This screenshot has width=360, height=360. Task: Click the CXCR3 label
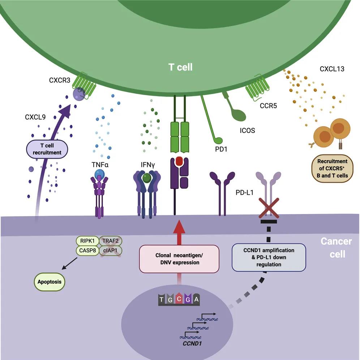pyautogui.click(x=60, y=80)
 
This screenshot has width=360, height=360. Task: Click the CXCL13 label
pyautogui.click(x=331, y=68)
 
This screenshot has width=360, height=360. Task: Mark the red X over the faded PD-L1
pyautogui.click(x=267, y=209)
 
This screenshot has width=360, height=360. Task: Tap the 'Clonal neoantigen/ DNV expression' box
pyautogui.click(x=179, y=259)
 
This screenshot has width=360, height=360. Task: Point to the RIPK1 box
pyautogui.click(x=87, y=240)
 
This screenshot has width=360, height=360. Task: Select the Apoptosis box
pyautogui.click(x=50, y=281)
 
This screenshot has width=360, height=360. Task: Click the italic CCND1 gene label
pyautogui.click(x=192, y=340)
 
